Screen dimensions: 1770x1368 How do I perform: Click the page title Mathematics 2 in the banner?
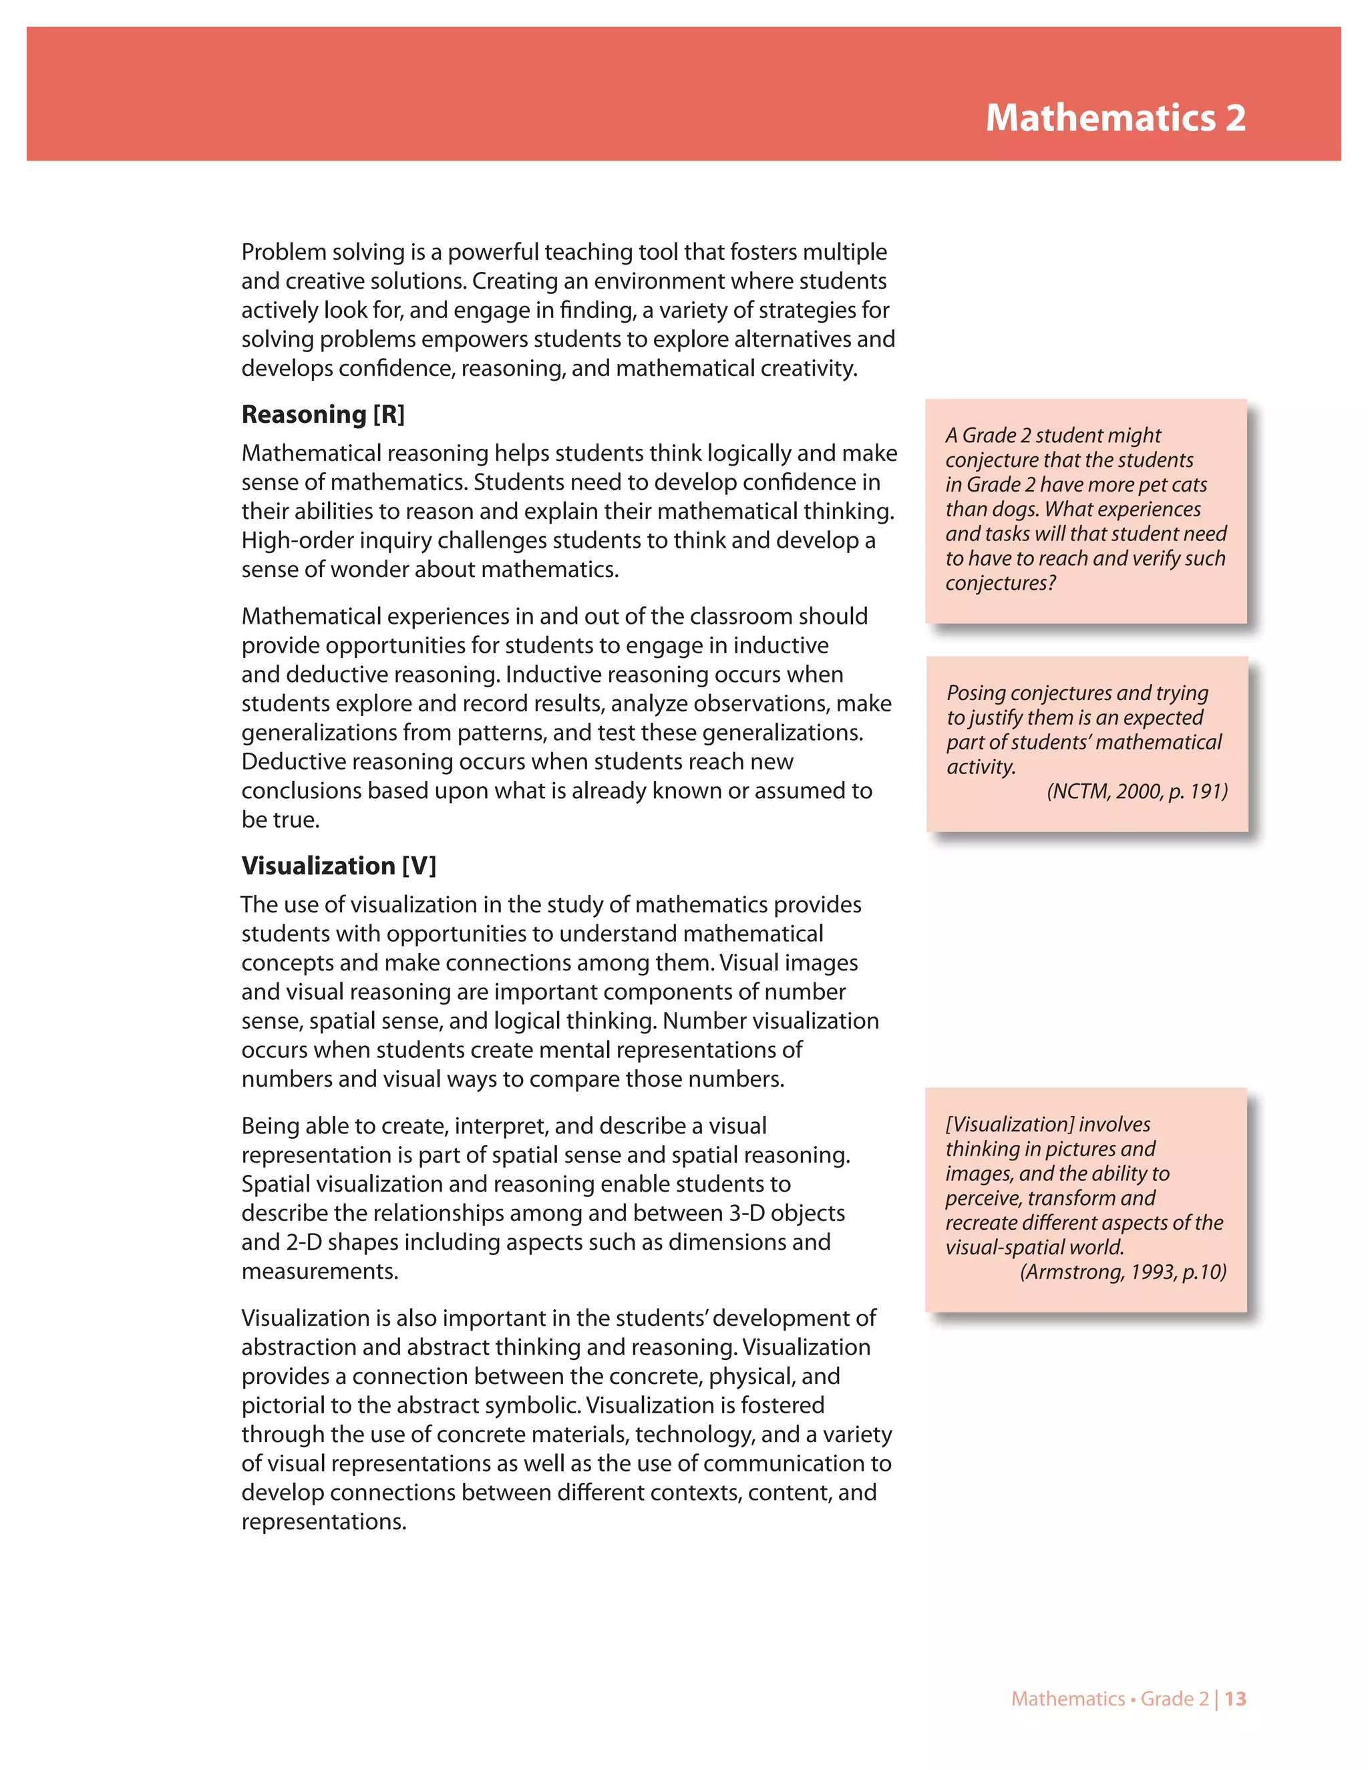point(1115,118)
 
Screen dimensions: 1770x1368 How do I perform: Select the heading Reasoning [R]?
point(323,414)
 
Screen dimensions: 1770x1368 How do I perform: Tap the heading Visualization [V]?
point(338,866)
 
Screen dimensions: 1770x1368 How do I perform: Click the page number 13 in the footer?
point(1235,1699)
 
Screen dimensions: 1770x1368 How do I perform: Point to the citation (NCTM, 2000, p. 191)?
point(1137,791)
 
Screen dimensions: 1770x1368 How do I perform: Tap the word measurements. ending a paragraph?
point(319,1272)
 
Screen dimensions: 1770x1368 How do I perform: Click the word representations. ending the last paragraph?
point(323,1522)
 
